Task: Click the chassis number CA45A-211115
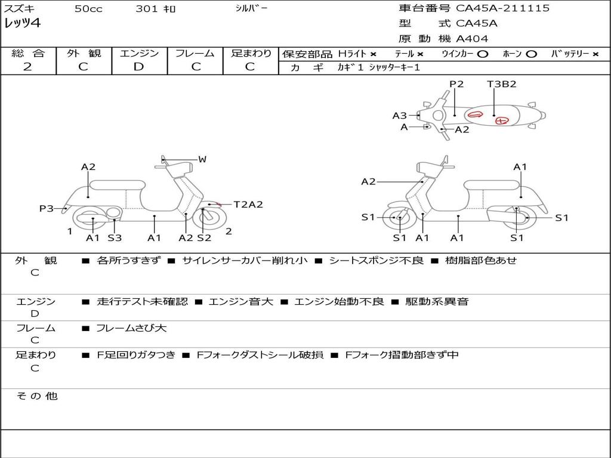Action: [502, 8]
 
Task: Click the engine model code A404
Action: [472, 39]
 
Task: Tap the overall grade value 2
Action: [27, 67]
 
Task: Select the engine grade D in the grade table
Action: [139, 67]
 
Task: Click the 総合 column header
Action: [27, 54]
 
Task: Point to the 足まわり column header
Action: [251, 54]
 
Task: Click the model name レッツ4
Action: [23, 23]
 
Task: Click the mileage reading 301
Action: [147, 9]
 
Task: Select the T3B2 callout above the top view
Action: [501, 84]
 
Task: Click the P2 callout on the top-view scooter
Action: [456, 84]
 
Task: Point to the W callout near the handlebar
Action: [202, 159]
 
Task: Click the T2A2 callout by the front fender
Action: [248, 205]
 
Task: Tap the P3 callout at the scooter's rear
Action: [47, 208]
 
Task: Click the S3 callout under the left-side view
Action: [115, 238]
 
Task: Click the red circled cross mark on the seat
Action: [502, 120]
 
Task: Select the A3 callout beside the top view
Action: [399, 116]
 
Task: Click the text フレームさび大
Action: [131, 328]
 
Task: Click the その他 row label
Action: [37, 396]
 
